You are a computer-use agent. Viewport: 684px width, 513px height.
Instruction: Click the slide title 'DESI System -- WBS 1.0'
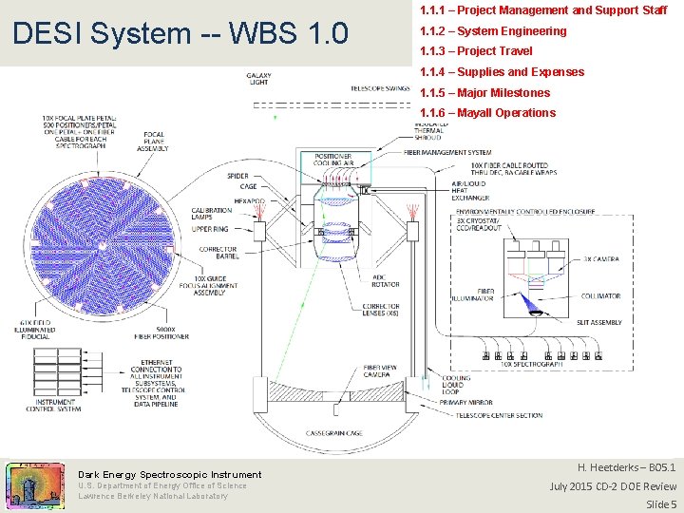180,33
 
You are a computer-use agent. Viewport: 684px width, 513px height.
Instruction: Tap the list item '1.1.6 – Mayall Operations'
486,112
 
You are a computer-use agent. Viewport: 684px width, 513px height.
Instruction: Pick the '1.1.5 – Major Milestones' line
484,92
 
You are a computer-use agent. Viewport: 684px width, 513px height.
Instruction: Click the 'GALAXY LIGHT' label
258,79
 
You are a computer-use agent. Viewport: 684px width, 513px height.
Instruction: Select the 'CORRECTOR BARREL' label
218,254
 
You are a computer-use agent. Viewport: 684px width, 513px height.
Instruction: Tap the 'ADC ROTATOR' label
359,280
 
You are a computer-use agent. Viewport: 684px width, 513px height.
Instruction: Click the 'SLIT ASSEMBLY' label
599,322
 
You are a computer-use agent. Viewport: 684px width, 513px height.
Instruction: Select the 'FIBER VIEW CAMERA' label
380,370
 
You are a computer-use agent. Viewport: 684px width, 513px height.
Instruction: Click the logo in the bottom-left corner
34,484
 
